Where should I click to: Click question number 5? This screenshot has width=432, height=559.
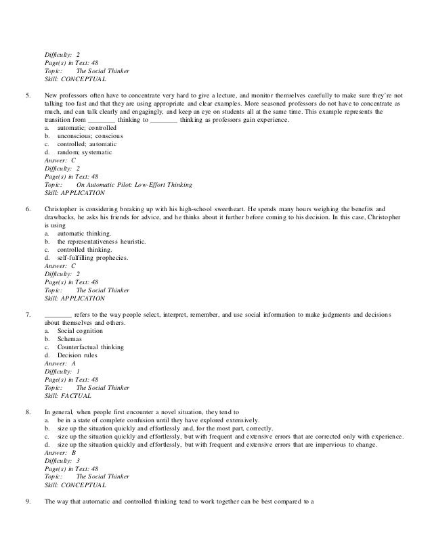(x=26, y=95)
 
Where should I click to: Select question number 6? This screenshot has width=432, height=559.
(x=26, y=208)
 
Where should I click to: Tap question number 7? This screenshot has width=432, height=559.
(x=26, y=315)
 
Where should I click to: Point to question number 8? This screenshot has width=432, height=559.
(x=26, y=411)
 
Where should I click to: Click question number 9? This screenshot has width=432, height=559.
(x=26, y=501)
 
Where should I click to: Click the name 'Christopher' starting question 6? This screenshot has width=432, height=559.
(x=62, y=208)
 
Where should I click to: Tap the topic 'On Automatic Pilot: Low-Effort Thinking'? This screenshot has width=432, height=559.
(x=135, y=185)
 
